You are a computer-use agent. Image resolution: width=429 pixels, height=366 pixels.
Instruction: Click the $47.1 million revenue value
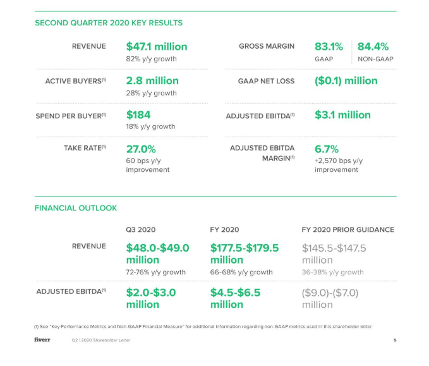(x=156, y=46)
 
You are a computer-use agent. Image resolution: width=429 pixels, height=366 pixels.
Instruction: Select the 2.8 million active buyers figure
(x=152, y=80)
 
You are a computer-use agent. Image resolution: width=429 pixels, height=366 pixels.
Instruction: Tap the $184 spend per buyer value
(x=138, y=114)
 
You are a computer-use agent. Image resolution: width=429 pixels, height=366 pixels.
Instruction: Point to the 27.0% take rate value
(x=141, y=149)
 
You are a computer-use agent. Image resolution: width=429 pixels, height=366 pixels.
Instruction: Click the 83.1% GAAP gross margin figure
(x=329, y=46)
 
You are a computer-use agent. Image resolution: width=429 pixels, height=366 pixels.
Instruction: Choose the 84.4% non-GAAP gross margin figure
(x=373, y=46)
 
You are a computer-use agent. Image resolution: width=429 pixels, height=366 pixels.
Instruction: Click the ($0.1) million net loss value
(x=346, y=80)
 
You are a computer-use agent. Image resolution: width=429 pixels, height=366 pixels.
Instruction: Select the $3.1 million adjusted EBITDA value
(x=342, y=114)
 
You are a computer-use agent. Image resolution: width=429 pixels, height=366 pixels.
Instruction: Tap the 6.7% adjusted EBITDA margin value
(x=327, y=149)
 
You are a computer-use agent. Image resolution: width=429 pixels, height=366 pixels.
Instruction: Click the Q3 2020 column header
(x=140, y=229)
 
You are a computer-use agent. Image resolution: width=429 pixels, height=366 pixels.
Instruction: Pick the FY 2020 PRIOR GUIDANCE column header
(x=347, y=229)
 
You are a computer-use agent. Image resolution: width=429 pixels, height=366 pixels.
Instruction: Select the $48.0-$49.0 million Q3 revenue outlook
(x=157, y=253)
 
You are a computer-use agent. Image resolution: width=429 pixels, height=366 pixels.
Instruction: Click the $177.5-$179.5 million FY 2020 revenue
(x=244, y=253)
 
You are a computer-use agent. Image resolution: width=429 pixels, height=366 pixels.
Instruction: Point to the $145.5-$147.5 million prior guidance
(x=334, y=253)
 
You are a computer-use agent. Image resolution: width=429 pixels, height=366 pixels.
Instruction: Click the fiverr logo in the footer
(x=42, y=340)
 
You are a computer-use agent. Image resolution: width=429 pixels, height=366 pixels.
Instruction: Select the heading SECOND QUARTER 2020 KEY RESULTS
(x=108, y=23)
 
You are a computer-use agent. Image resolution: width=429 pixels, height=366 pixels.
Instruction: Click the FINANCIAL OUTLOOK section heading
(x=75, y=207)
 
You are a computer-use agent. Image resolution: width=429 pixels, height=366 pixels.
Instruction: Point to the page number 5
(x=394, y=341)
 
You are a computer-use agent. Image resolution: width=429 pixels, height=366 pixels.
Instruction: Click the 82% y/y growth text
(x=151, y=59)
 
